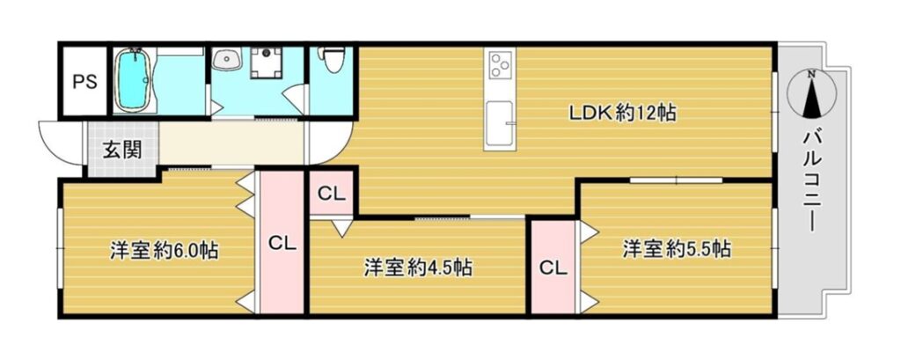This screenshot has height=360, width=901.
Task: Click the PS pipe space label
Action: pos(84,82)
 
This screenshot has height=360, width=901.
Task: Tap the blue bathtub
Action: pos(136,79)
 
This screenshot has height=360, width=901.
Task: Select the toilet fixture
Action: pos(332,59)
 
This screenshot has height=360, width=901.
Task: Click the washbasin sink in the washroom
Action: pos(228,59)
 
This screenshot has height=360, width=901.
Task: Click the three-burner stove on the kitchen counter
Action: pos(500,64)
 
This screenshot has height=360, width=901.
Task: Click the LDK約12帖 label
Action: pos(622,113)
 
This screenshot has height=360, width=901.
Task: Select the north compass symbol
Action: pos(811,93)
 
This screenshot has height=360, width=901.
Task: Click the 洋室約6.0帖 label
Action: pos(165,251)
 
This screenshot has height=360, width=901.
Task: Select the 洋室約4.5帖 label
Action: pos(418,268)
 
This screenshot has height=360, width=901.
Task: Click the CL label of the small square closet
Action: pos(332,194)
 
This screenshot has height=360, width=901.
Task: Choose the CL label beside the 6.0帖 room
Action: pos(282,244)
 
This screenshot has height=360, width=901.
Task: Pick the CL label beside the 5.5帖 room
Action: pos(553,268)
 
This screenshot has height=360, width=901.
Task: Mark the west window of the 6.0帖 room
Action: pos(59,248)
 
